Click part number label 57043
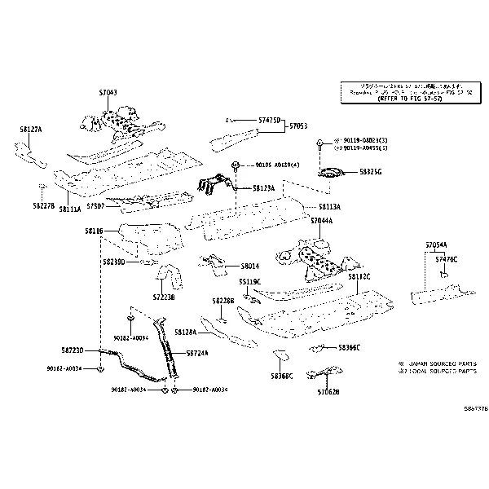tap(107, 93)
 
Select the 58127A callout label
tap(31, 130)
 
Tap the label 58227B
tap(44, 205)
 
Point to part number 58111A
tap(70, 209)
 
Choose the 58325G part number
tap(370, 172)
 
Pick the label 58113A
tap(329, 207)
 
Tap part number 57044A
tap(321, 221)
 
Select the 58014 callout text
tap(249, 266)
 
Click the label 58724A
tap(197, 353)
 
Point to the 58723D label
tap(72, 350)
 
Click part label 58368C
tap(282, 377)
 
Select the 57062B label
tap(328, 392)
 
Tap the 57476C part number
tap(446, 258)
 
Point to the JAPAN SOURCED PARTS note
tap(437, 363)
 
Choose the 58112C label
tap(359, 276)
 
